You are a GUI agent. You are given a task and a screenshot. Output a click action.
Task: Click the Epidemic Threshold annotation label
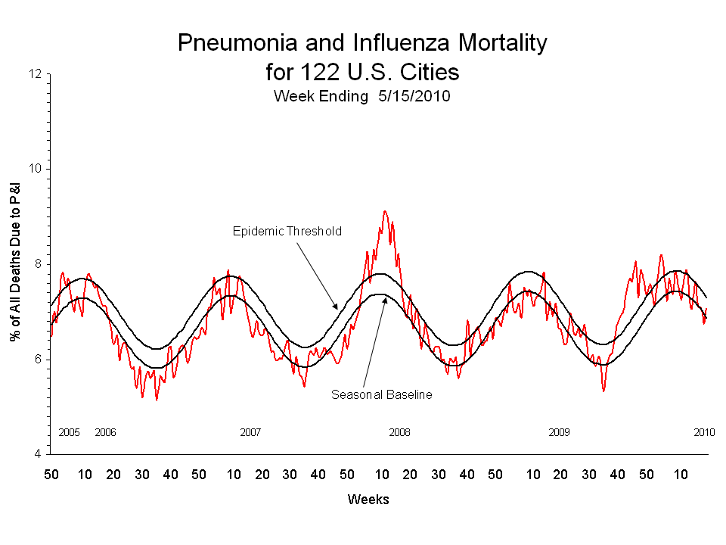coord(287,231)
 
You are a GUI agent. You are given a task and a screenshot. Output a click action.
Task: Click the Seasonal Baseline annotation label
coord(382,394)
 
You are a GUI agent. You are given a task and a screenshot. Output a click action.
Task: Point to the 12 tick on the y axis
coord(35,74)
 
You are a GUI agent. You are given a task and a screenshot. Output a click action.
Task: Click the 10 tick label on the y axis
coord(35,169)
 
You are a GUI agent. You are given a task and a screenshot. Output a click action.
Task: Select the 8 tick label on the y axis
coord(38,264)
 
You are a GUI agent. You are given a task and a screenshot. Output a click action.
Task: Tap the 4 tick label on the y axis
coord(38,454)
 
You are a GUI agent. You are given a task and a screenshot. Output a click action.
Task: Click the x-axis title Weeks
coord(368,500)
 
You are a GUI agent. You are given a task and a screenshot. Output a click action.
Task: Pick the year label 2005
coord(69,432)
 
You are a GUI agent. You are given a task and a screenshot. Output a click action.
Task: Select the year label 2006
coord(105,432)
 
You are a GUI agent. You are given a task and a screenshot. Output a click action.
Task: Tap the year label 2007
coord(250,432)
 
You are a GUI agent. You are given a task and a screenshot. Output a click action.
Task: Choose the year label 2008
coord(399,432)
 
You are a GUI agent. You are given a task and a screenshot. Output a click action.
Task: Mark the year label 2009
coord(559,432)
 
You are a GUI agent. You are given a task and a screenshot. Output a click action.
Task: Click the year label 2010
coord(704,432)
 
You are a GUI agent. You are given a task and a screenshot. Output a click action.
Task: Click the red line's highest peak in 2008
coord(385,211)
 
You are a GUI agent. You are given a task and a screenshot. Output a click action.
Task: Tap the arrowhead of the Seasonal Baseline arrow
coord(385,297)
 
